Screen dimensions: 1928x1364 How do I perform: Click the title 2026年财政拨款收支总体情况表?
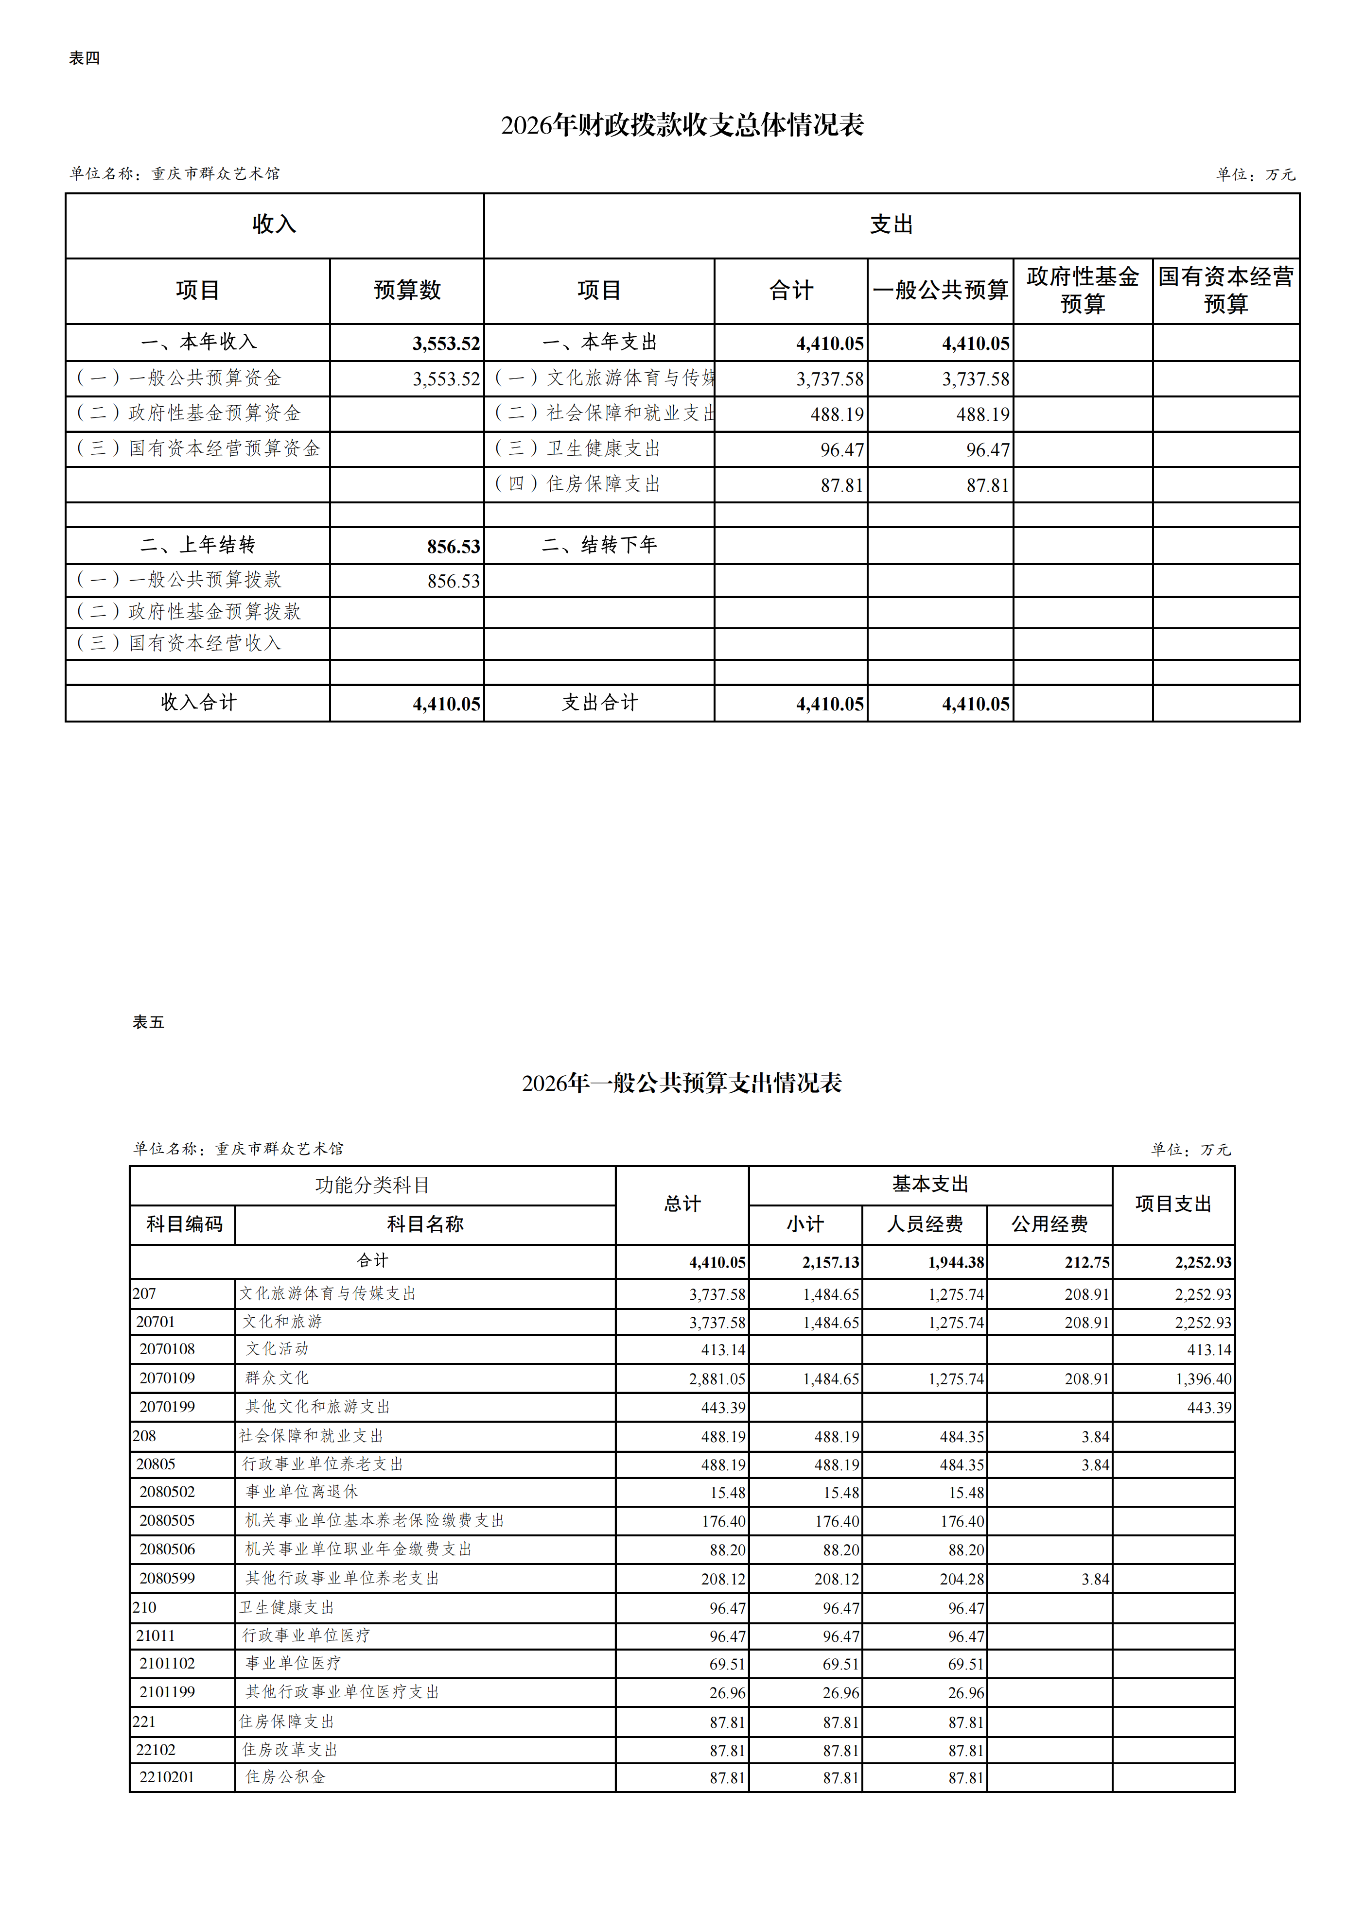(x=682, y=125)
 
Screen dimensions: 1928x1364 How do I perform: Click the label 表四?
(x=84, y=58)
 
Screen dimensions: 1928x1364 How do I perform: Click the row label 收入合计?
(x=198, y=703)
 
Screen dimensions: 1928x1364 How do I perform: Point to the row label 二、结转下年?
(x=599, y=545)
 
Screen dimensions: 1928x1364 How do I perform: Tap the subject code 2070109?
(x=167, y=1378)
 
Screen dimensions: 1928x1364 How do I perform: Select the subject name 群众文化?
(x=277, y=1378)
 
